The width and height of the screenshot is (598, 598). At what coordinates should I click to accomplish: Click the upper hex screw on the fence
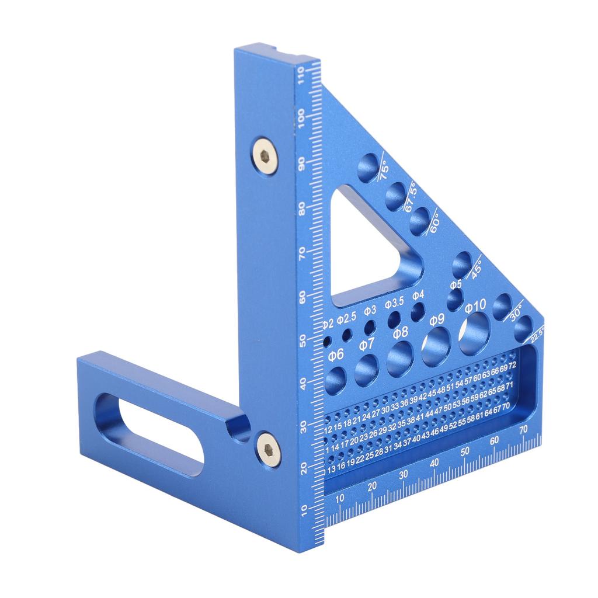(265, 154)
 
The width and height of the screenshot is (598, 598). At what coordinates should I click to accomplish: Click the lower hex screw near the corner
(268, 450)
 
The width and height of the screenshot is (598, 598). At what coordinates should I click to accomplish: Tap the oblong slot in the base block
(149, 433)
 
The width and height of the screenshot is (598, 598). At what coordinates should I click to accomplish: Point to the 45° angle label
(476, 269)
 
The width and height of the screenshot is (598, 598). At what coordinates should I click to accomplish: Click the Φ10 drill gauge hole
(474, 333)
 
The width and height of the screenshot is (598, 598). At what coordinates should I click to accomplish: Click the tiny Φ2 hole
(328, 339)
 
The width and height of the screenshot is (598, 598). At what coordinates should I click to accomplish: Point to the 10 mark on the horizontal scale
(340, 498)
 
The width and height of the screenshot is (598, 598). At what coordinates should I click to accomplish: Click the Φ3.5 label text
(395, 304)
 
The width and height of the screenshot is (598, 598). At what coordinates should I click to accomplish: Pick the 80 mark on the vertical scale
(303, 208)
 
